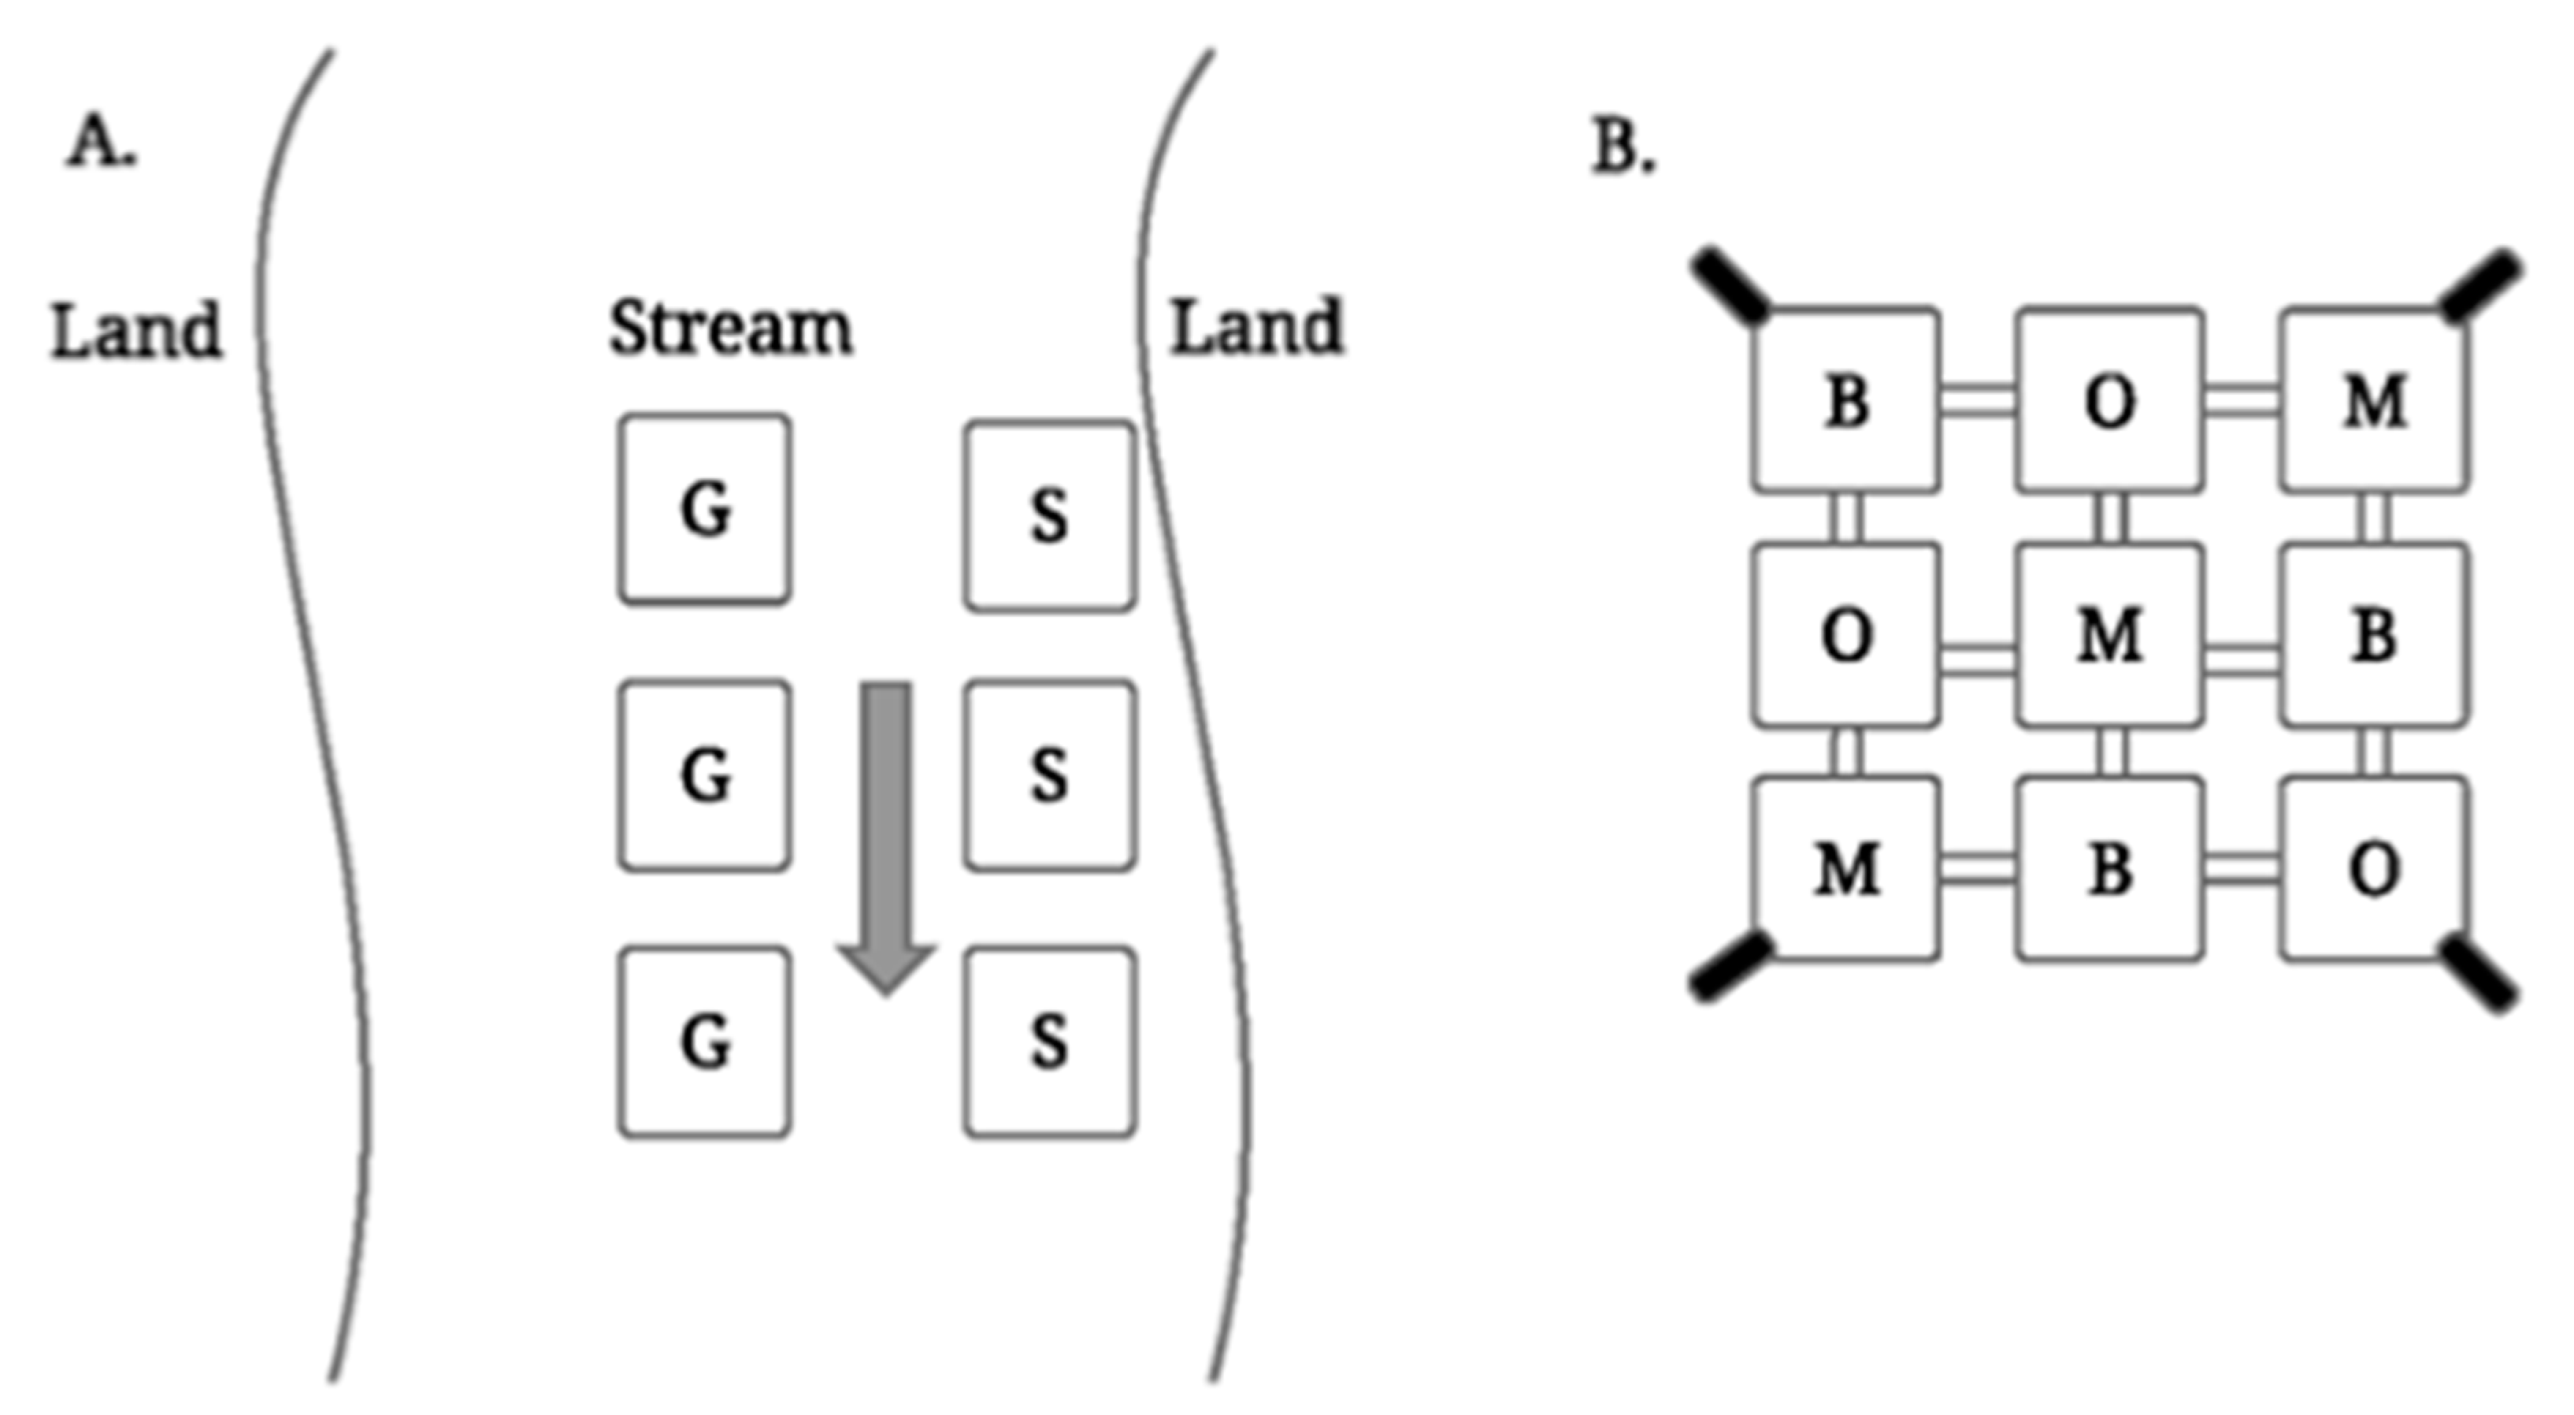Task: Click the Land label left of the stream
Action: click(136, 331)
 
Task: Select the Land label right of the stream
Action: click(1257, 327)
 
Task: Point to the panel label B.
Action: click(1623, 149)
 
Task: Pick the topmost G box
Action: click(704, 509)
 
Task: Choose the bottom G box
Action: click(704, 1042)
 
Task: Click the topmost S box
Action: click(1049, 515)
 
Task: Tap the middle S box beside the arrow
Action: click(1049, 775)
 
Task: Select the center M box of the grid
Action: click(2109, 634)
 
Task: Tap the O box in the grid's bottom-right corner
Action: click(2373, 868)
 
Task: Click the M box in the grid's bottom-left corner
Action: click(1845, 868)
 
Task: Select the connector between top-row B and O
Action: click(1978, 399)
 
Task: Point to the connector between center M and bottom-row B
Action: click(2109, 752)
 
